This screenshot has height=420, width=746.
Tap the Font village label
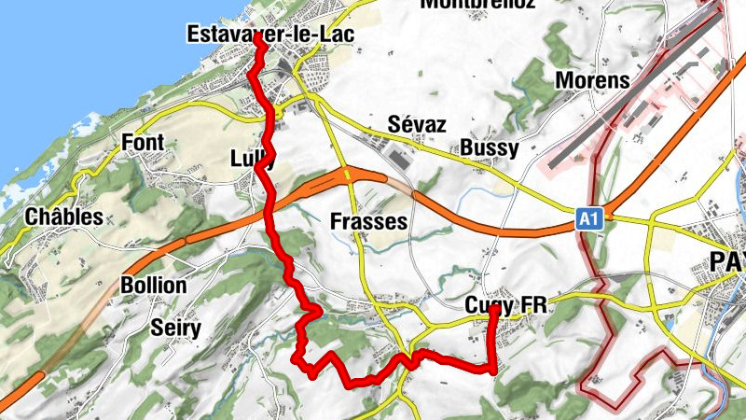click(x=143, y=143)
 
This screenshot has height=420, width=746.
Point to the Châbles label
click(x=64, y=217)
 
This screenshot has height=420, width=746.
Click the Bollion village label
click(x=154, y=285)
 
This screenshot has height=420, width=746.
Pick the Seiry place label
click(x=178, y=328)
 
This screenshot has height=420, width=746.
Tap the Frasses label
click(x=368, y=222)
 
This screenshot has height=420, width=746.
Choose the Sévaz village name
click(x=417, y=125)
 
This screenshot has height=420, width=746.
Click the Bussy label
click(x=489, y=149)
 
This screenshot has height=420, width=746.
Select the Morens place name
click(x=592, y=80)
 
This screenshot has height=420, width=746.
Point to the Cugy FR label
click(x=504, y=306)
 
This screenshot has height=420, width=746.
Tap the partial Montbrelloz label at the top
click(x=477, y=4)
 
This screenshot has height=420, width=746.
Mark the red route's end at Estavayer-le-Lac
click(x=257, y=39)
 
